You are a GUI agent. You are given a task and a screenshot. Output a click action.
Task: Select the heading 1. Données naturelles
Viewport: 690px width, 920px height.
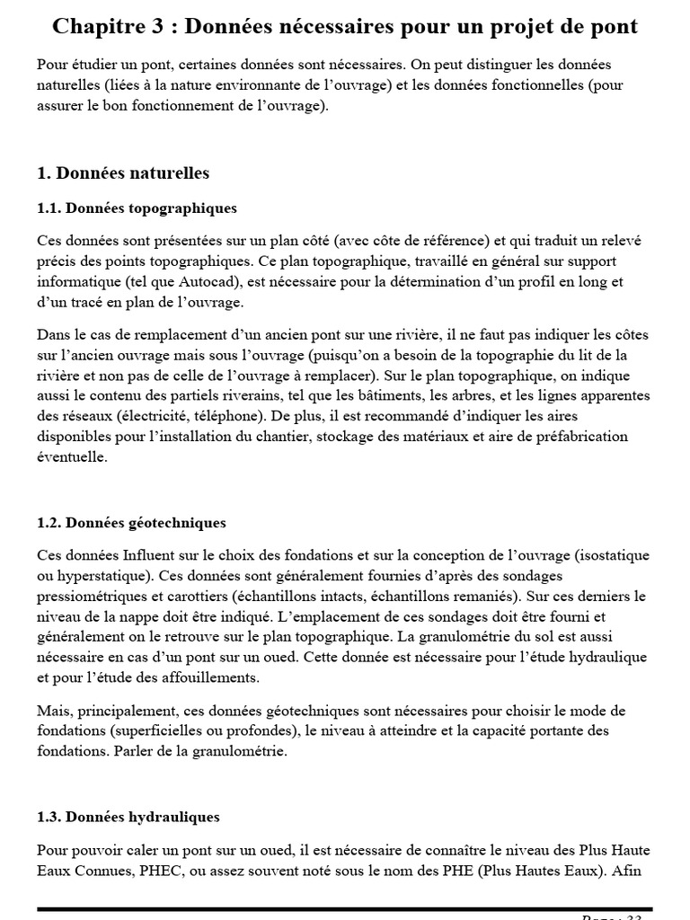click(x=123, y=172)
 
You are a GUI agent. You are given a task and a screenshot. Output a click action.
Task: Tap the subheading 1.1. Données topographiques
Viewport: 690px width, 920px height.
click(x=137, y=208)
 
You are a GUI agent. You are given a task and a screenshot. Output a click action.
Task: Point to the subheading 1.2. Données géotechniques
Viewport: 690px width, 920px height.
click(x=131, y=522)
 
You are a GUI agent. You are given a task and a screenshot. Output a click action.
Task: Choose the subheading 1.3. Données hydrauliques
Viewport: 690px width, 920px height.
click(x=128, y=818)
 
